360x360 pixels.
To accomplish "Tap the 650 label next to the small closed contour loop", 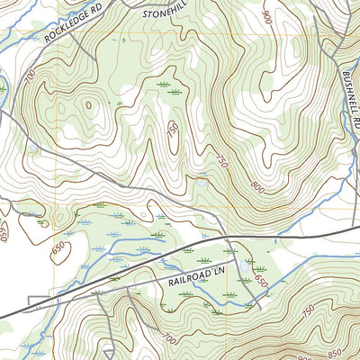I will (x=60, y=248).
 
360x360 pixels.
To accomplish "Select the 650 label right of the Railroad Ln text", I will (x=261, y=280).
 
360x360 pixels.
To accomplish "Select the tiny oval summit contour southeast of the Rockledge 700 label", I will (x=89, y=105).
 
